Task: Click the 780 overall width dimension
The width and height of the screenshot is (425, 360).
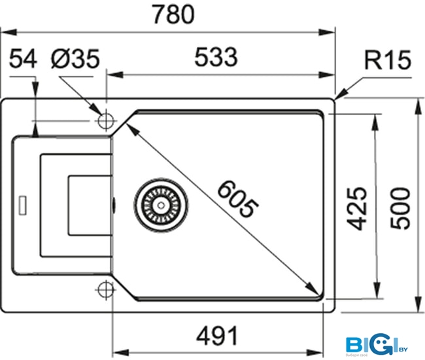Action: click(173, 14)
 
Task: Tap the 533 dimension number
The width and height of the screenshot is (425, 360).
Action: click(215, 59)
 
